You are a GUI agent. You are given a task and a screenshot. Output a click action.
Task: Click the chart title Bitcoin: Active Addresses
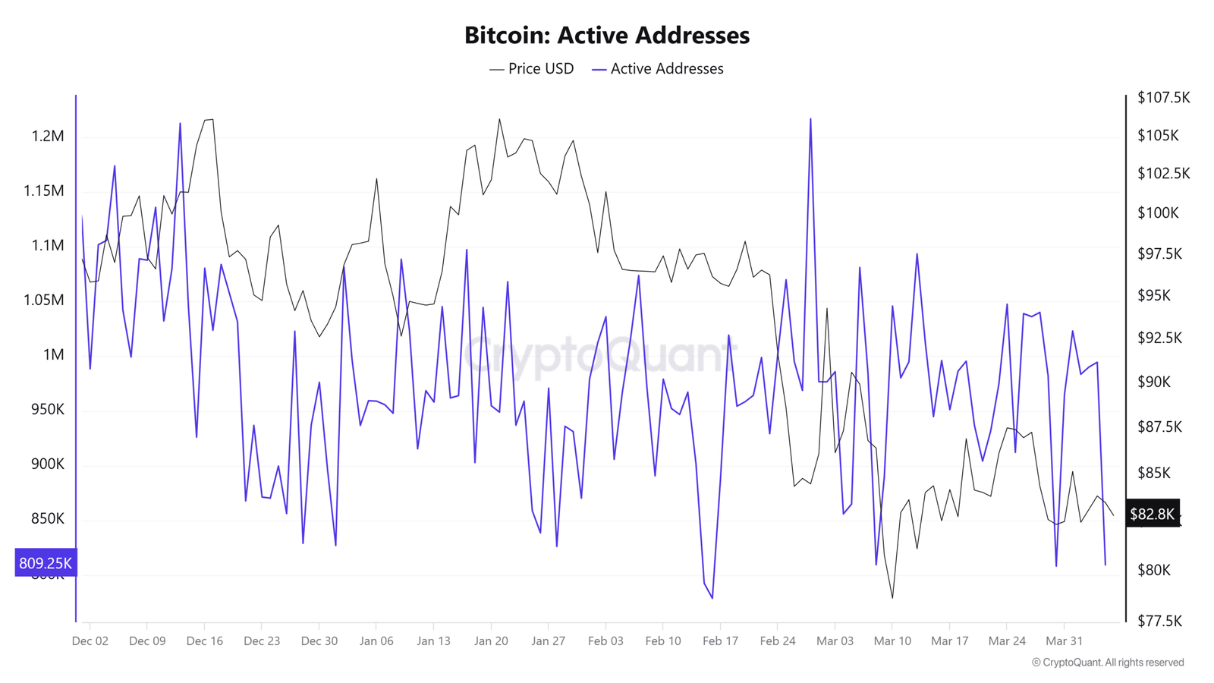pyautogui.click(x=606, y=35)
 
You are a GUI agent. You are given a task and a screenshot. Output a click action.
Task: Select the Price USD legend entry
pyautogui.click(x=532, y=69)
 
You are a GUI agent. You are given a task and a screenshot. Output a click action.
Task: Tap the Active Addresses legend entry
pyautogui.click(x=658, y=69)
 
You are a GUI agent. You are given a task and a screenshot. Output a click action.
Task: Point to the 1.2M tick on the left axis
pyautogui.click(x=47, y=137)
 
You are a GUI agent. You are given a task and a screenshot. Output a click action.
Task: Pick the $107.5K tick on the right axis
pyautogui.click(x=1163, y=98)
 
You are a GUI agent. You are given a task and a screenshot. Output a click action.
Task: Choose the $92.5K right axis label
pyautogui.click(x=1159, y=338)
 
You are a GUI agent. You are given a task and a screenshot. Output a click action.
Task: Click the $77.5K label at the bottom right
pyautogui.click(x=1159, y=622)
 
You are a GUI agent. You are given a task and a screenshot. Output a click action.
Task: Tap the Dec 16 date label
pyautogui.click(x=205, y=641)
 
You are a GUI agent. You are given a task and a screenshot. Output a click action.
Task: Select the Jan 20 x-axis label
pyautogui.click(x=491, y=641)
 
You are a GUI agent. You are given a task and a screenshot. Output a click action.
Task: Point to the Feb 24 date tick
pyautogui.click(x=778, y=641)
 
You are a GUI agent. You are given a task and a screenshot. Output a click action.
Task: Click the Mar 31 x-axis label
pyautogui.click(x=1064, y=641)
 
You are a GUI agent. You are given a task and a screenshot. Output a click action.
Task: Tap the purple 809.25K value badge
pyautogui.click(x=46, y=563)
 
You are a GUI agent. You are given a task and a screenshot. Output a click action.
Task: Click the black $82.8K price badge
pyautogui.click(x=1152, y=515)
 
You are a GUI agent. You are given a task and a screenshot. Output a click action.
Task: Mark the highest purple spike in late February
pyautogui.click(x=810, y=119)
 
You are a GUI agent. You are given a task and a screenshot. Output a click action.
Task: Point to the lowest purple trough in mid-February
pyautogui.click(x=712, y=598)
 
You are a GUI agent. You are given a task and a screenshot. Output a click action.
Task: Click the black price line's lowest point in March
pyautogui.click(x=892, y=598)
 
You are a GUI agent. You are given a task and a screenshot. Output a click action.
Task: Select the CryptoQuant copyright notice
pyautogui.click(x=1108, y=663)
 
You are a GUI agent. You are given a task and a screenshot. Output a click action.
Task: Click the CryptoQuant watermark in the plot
pyautogui.click(x=599, y=354)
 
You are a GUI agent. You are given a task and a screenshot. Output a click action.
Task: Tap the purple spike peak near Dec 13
pyautogui.click(x=180, y=123)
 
